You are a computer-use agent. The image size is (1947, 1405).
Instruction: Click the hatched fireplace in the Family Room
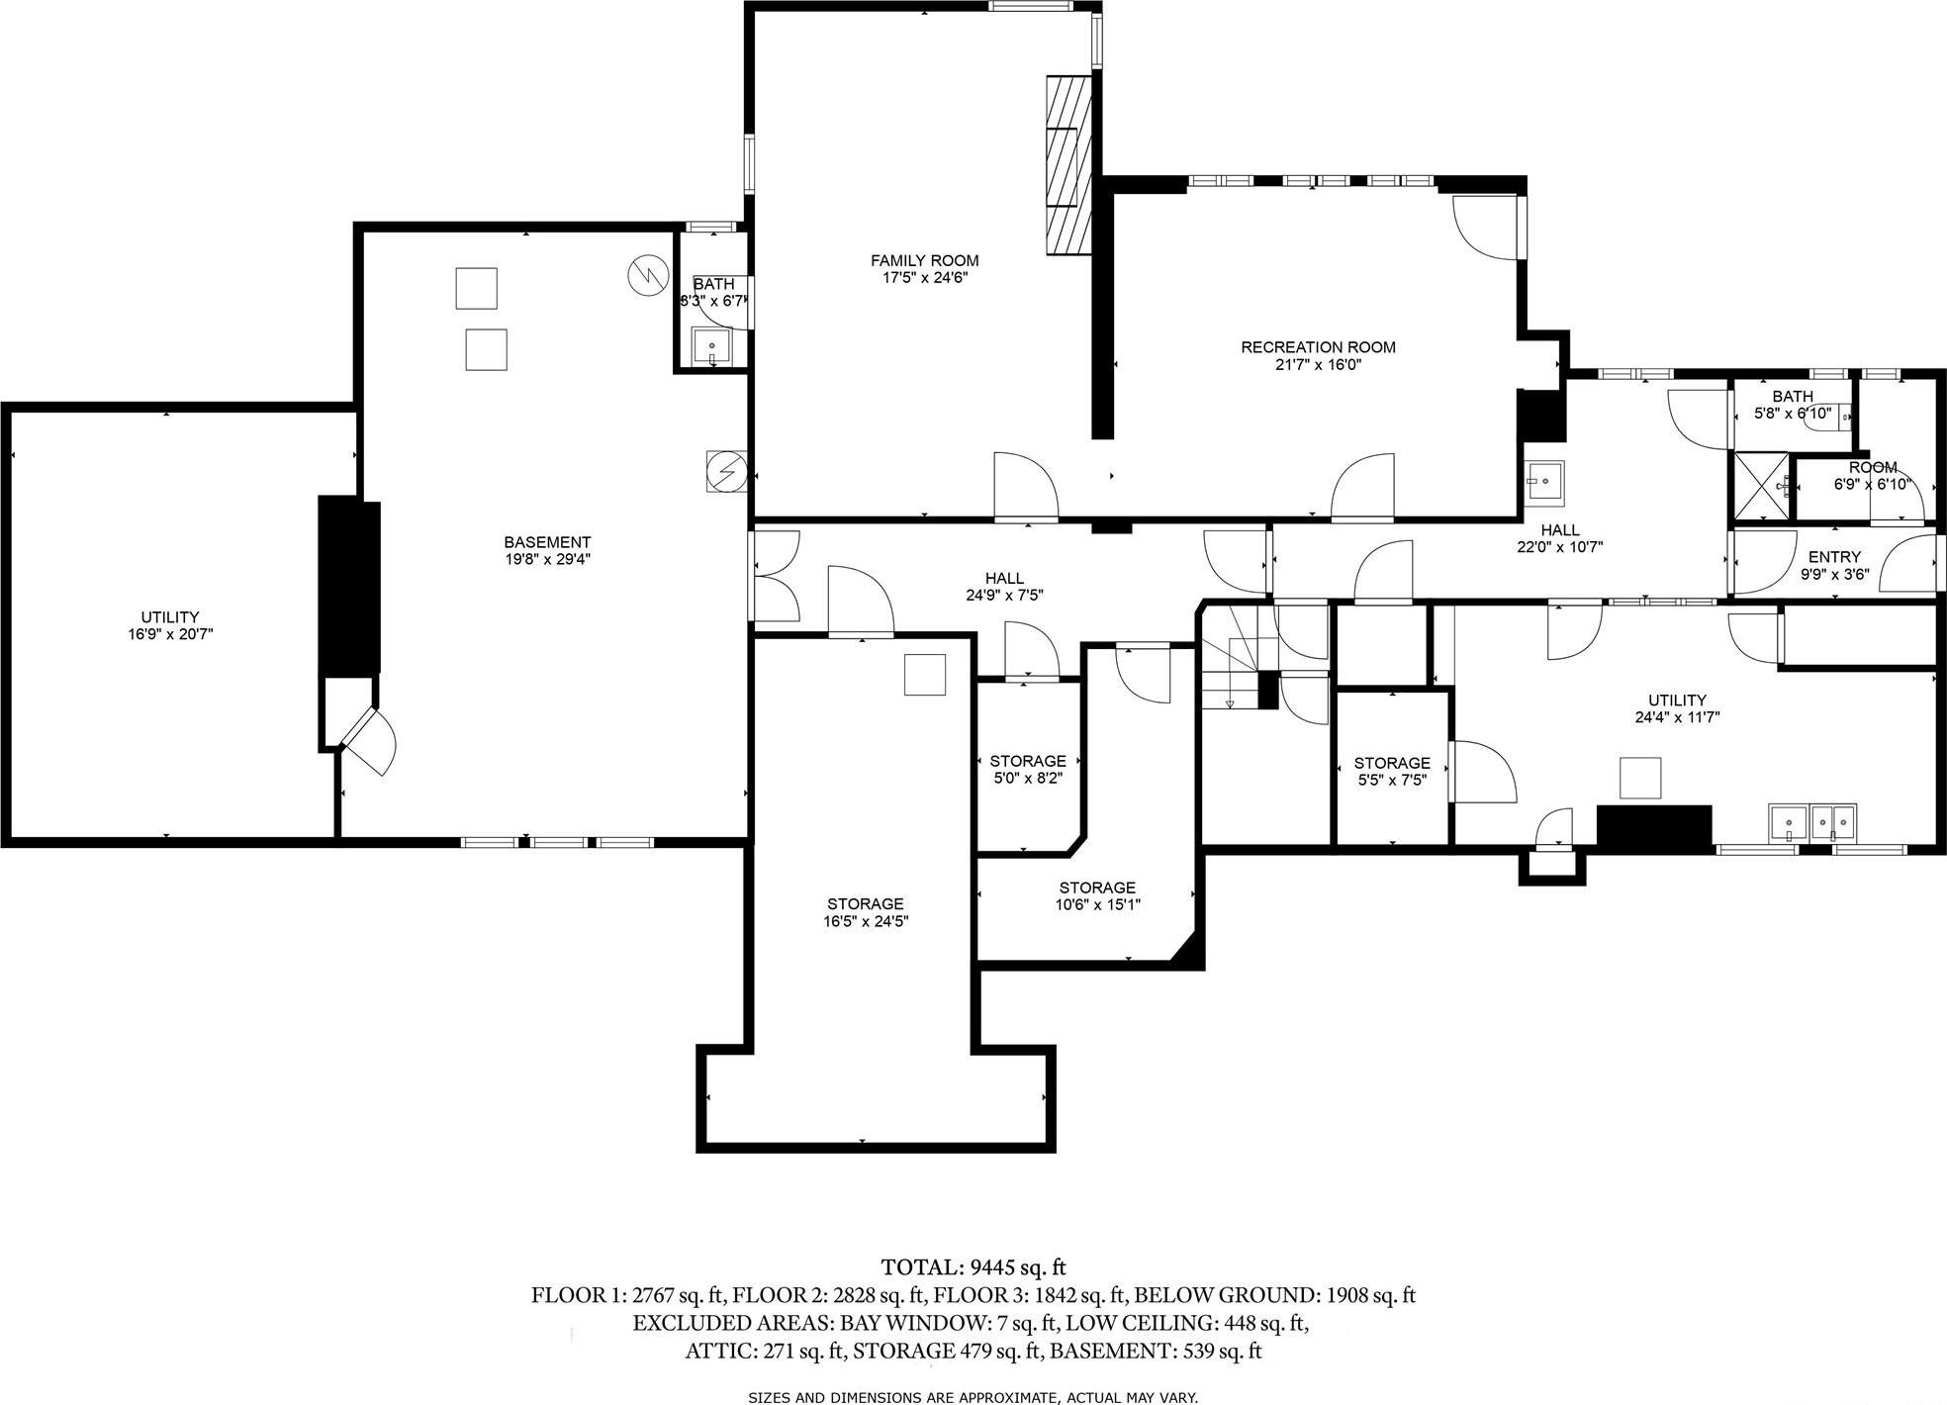coord(1068,166)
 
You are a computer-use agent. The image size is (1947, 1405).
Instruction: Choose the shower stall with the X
coord(1761,486)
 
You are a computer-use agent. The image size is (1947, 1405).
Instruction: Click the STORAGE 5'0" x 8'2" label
coord(1028,769)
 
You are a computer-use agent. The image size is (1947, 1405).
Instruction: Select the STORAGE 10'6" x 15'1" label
coord(1096,895)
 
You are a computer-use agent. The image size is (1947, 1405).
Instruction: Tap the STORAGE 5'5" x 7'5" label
coord(1391,771)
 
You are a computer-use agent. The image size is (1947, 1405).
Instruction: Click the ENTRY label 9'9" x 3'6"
coord(1834,564)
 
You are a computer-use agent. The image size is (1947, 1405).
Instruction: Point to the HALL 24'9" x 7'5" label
coord(1004,587)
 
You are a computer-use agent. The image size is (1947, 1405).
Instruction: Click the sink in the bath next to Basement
coord(711,346)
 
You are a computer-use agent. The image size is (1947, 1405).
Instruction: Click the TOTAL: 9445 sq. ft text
coord(973,1267)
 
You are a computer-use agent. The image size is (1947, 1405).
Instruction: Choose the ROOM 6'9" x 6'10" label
coord(1872,476)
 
